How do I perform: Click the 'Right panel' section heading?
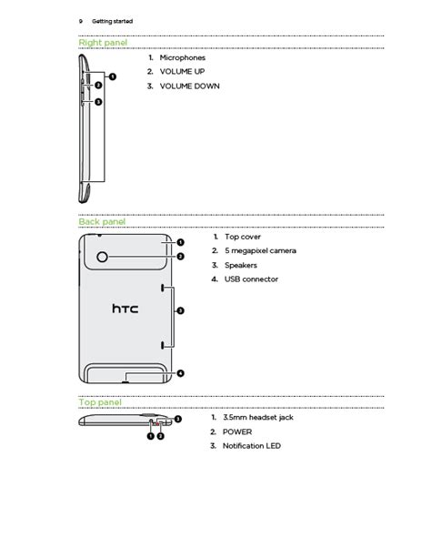click(x=103, y=43)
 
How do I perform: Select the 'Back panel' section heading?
click(x=102, y=222)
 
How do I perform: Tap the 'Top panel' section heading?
click(x=100, y=402)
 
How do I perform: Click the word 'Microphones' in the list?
click(x=183, y=57)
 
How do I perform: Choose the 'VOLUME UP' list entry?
click(x=182, y=72)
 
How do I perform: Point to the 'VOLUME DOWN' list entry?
click(x=189, y=86)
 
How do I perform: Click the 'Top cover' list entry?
click(x=243, y=237)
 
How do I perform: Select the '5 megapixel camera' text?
click(x=260, y=251)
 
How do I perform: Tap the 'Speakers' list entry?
click(x=241, y=265)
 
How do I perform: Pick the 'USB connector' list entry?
click(x=251, y=279)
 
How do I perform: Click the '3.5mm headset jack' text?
click(x=258, y=418)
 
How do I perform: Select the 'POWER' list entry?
click(x=237, y=432)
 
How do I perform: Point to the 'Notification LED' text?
click(x=252, y=446)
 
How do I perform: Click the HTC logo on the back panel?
click(x=125, y=309)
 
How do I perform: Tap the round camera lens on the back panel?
click(x=102, y=257)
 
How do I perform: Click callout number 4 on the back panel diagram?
click(x=181, y=373)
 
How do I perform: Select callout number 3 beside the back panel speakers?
click(x=181, y=310)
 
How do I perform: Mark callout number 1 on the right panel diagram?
click(x=113, y=76)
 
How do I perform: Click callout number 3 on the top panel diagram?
click(x=178, y=420)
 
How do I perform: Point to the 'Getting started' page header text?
click(x=113, y=21)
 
